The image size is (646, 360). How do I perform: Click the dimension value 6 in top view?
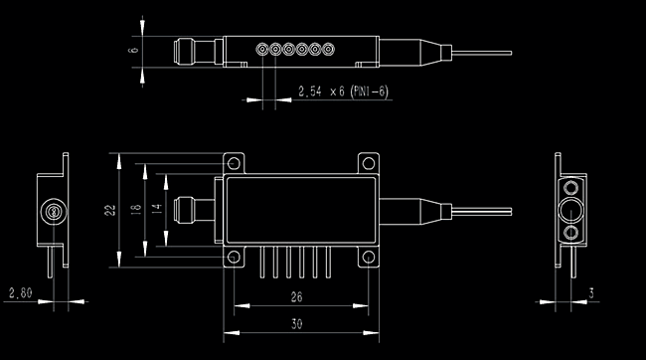coord(132,47)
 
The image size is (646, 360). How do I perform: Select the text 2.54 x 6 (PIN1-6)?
coord(342,91)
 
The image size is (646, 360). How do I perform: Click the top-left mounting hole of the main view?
coord(234,163)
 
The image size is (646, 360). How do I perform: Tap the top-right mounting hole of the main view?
coord(367,163)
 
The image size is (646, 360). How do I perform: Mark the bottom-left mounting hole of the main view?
coord(234,259)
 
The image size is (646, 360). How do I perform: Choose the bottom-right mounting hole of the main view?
coord(367,259)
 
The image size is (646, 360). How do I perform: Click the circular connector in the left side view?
coord(54,210)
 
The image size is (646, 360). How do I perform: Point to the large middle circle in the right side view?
coord(572,209)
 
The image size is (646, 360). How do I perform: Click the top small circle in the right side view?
coord(572,186)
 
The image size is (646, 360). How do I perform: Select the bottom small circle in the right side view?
coord(572,232)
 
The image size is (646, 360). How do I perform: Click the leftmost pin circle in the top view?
coord(262,47)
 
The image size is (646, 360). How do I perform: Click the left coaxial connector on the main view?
coord(185,210)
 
